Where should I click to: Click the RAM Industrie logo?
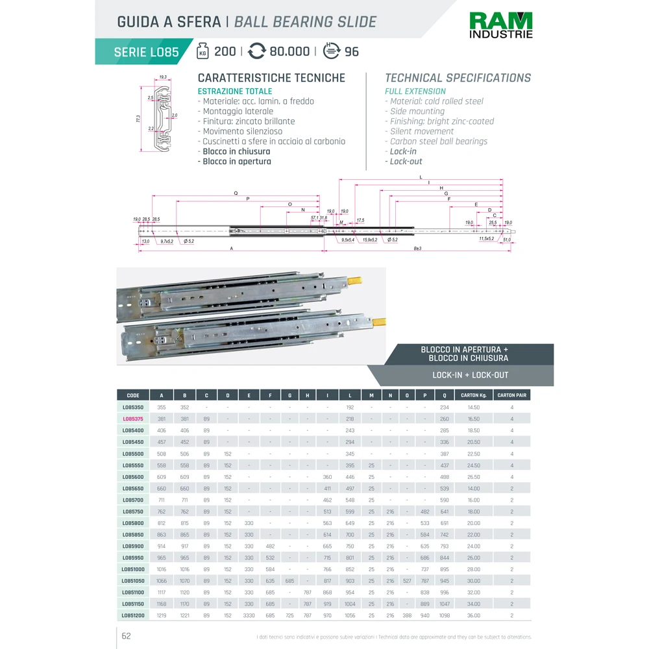(x=501, y=25)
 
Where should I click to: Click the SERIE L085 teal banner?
(x=145, y=52)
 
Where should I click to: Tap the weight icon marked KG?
(x=203, y=51)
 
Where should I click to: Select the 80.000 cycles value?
(x=289, y=51)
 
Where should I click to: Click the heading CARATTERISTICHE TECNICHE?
(x=271, y=78)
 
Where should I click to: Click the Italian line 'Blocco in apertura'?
(x=236, y=161)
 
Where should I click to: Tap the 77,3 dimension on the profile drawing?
(x=138, y=119)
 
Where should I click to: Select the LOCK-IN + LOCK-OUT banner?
(x=471, y=375)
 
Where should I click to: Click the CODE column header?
(x=133, y=395)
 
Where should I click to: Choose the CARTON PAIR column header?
(x=511, y=395)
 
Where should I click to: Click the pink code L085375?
(x=134, y=419)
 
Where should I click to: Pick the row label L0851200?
(x=133, y=615)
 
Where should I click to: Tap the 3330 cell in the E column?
(x=249, y=615)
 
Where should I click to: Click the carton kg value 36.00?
(x=473, y=615)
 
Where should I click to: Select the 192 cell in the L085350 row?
(x=350, y=408)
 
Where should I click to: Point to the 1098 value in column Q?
(x=444, y=615)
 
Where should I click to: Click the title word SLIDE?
(x=356, y=22)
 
